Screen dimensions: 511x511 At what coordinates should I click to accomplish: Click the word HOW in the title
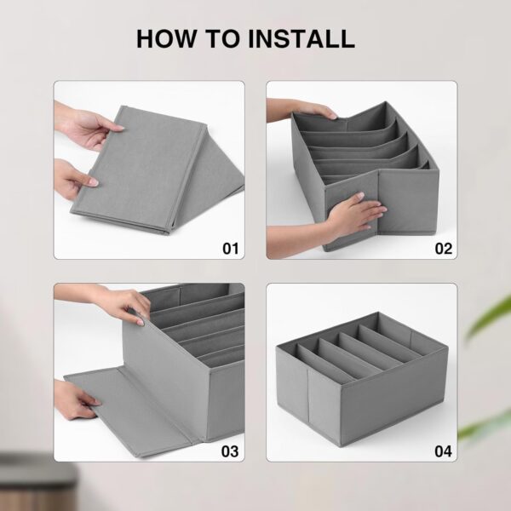(x=165, y=39)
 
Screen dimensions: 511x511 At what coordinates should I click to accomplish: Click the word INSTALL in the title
(x=301, y=39)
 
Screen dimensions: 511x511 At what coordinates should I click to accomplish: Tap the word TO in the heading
(x=222, y=39)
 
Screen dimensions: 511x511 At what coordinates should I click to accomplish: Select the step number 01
(x=231, y=249)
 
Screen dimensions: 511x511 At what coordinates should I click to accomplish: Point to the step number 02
(x=443, y=249)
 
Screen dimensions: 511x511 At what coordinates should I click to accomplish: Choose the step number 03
(x=230, y=451)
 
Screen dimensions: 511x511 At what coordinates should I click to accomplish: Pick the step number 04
(x=443, y=451)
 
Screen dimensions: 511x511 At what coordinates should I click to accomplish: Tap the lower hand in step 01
(x=73, y=179)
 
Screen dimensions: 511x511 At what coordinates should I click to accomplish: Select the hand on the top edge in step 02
(x=300, y=109)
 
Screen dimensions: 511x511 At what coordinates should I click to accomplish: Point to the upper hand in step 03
(x=111, y=301)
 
